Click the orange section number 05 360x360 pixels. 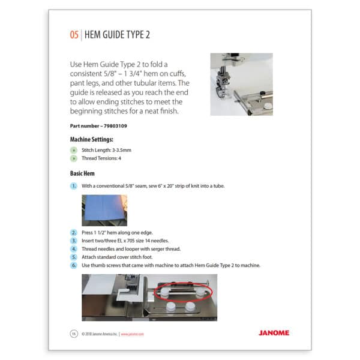[73, 35]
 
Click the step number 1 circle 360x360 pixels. [74, 186]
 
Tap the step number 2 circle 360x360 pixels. [74, 231]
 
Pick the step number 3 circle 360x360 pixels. [74, 239]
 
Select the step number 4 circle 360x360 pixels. [74, 248]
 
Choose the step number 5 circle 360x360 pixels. [74, 257]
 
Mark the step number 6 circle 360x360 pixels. [74, 265]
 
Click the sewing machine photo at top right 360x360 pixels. [241, 84]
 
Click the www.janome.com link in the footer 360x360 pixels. [133, 334]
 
